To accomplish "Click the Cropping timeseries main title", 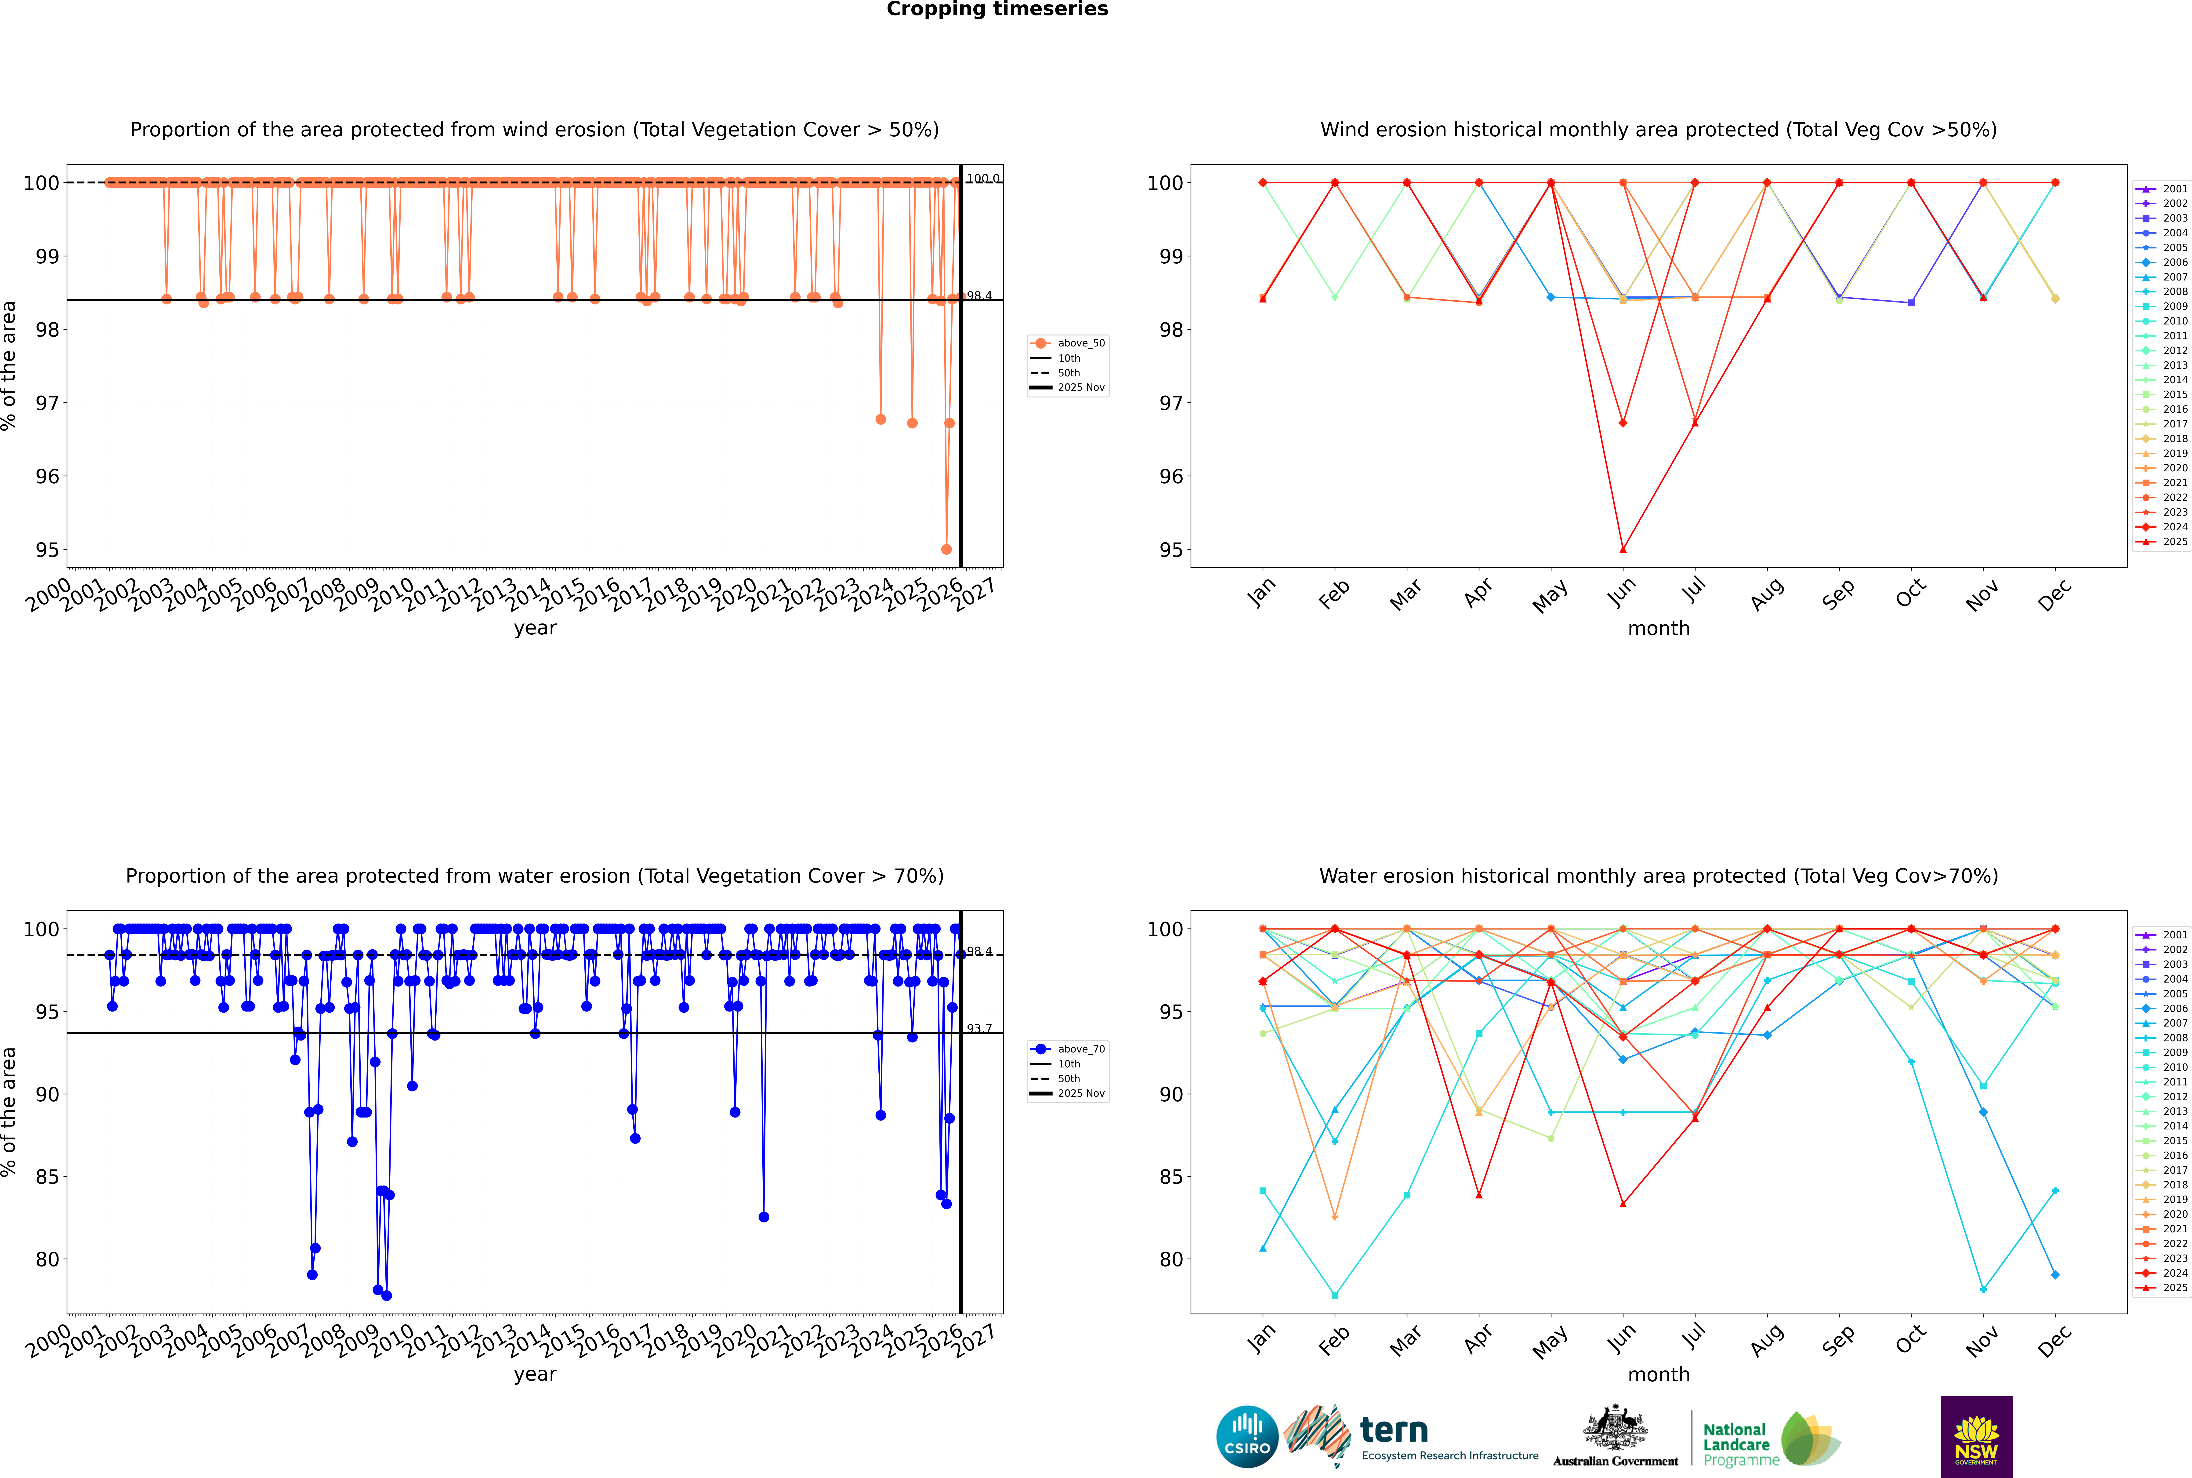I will tap(997, 9).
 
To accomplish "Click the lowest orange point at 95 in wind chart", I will tap(946, 550).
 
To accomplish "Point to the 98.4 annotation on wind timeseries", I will tap(979, 296).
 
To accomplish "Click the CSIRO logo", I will tap(1247, 1437).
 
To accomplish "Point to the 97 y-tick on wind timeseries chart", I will tap(47, 404).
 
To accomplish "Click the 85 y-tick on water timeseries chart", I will tap(47, 1177).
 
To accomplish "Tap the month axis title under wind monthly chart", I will tap(1659, 629).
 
